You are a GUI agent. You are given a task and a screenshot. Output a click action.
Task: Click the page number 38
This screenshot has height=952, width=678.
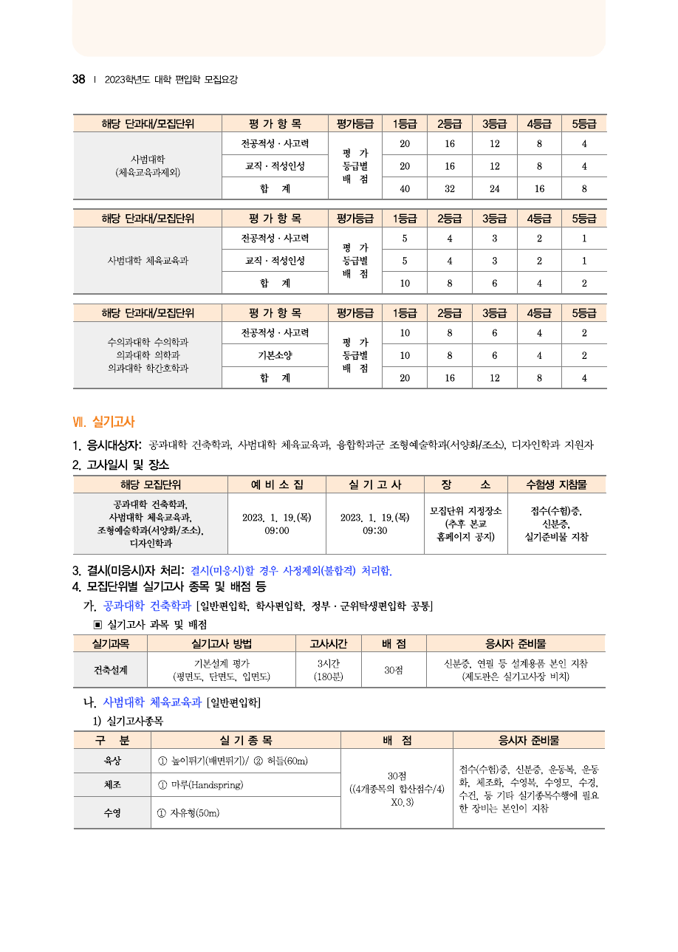click(78, 80)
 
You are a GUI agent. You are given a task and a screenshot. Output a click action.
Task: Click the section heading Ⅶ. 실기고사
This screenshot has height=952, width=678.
click(103, 422)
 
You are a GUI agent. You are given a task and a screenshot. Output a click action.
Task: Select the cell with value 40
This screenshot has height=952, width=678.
click(405, 188)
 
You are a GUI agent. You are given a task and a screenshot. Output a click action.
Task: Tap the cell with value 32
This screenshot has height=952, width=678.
click(449, 188)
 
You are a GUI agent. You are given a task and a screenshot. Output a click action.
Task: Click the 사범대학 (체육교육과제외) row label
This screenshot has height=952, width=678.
click(148, 165)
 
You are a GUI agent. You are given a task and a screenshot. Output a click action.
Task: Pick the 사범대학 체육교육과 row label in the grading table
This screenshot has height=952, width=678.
click(148, 261)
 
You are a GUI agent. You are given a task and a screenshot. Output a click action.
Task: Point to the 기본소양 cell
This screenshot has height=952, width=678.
click(275, 355)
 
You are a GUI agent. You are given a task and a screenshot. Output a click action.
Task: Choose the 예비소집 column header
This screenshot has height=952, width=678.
click(276, 484)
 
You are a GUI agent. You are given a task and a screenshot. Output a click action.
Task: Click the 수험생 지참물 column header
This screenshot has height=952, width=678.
click(556, 484)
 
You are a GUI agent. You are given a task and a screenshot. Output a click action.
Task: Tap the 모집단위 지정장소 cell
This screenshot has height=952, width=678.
click(465, 524)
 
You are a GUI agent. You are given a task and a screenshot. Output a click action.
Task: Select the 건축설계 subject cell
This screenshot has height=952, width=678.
click(110, 670)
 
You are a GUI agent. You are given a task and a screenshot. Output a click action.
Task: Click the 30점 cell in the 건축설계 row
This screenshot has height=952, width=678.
click(394, 670)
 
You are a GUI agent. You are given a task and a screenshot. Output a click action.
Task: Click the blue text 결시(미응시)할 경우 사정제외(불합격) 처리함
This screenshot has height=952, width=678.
click(291, 571)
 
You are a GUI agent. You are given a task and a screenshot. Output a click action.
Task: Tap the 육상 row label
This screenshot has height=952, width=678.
click(112, 761)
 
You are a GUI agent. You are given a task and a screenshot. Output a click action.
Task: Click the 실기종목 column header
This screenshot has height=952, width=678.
click(245, 740)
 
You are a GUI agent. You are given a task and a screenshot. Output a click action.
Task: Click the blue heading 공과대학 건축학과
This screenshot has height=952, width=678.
click(147, 606)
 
